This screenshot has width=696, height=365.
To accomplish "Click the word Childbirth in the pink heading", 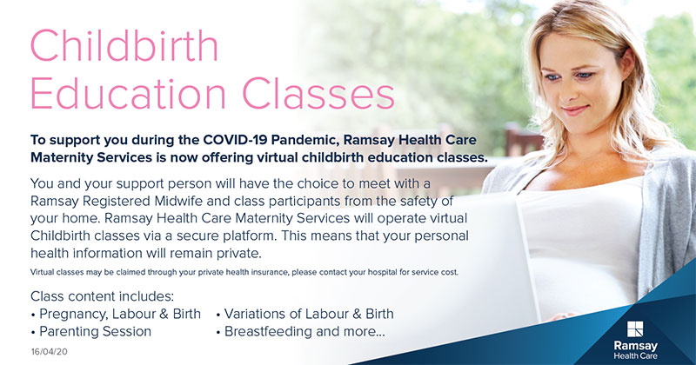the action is pyautogui.click(x=124, y=45).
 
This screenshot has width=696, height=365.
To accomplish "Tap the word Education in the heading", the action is pyautogui.click(x=129, y=93).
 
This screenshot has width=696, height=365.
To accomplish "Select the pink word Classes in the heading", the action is pyautogui.click(x=318, y=93).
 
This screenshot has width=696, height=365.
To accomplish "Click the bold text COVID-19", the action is pyautogui.click(x=235, y=140).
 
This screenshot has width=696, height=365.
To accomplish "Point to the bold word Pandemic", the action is pyautogui.click(x=305, y=140).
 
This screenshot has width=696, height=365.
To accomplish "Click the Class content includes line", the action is pyautogui.click(x=102, y=296).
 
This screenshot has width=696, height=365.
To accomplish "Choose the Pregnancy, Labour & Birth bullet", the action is pyautogui.click(x=117, y=314).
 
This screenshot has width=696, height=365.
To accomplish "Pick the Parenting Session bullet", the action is pyautogui.click(x=91, y=331).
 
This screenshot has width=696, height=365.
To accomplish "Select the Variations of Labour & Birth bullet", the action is pyautogui.click(x=305, y=314).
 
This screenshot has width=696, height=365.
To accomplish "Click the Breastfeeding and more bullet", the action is pyautogui.click(x=301, y=331).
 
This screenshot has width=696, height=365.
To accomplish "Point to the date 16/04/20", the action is pyautogui.click(x=50, y=352).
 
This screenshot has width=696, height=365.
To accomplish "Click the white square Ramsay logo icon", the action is pyautogui.click(x=635, y=329).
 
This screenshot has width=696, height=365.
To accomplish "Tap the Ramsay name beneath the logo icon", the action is pyautogui.click(x=636, y=346).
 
